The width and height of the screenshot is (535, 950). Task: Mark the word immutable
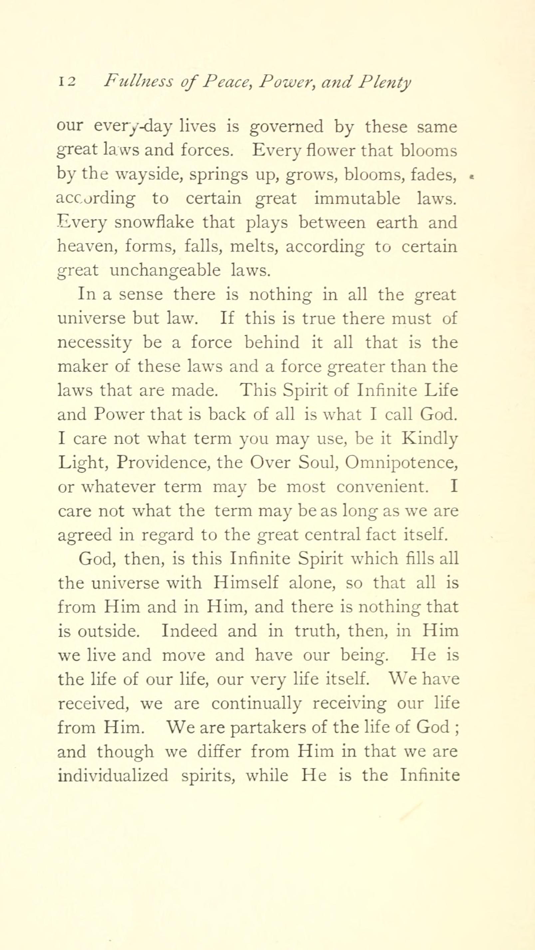point(357,199)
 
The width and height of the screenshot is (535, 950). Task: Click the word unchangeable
point(165,271)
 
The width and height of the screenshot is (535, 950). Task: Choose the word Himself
point(245,584)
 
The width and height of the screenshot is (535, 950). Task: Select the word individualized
point(113,776)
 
